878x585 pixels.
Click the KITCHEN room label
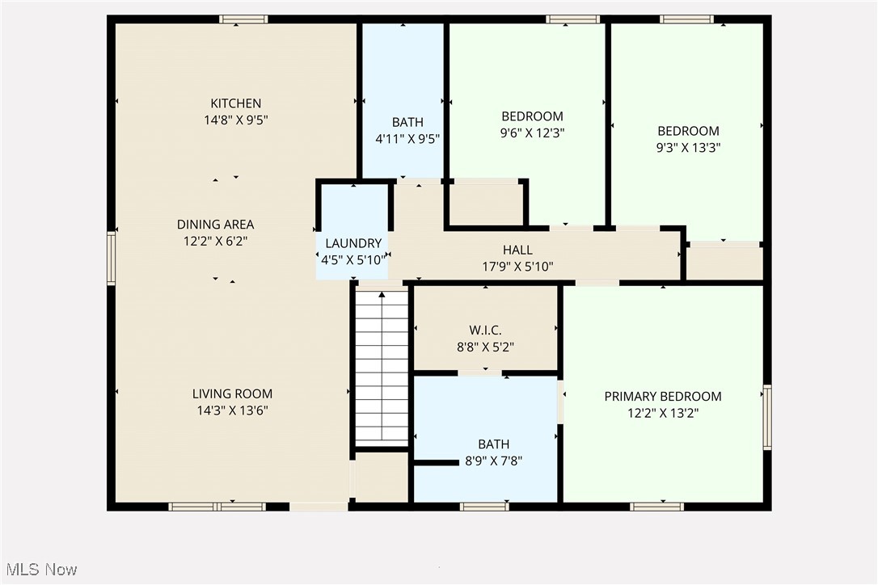(x=235, y=103)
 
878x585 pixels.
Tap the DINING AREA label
(x=216, y=225)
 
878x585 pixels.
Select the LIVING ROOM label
(x=232, y=394)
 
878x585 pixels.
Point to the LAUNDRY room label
(x=353, y=243)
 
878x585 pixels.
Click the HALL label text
(x=517, y=250)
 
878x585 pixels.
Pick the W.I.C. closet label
(x=485, y=330)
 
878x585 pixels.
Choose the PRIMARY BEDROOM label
(x=663, y=397)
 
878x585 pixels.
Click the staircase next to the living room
(x=382, y=368)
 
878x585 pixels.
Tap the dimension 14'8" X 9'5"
(x=235, y=120)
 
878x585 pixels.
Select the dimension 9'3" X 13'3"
(x=688, y=148)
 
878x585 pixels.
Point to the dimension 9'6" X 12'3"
(x=532, y=133)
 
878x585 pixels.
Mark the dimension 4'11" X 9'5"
(x=407, y=138)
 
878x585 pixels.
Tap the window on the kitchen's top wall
(x=243, y=19)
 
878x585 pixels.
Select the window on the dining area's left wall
(x=112, y=259)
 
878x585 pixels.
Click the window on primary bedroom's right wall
(x=766, y=417)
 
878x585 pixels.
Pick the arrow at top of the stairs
(x=382, y=297)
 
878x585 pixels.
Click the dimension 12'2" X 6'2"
(x=216, y=241)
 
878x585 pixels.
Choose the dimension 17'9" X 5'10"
(x=517, y=267)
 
